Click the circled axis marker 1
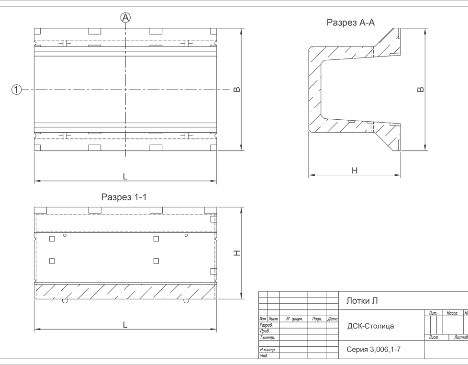coord(17,89)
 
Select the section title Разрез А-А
coord(350,23)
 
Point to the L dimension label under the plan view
coord(125,176)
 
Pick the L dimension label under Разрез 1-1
coord(125,325)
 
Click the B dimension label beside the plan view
coord(236,90)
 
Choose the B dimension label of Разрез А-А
coord(420,90)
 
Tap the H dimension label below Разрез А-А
coord(355,170)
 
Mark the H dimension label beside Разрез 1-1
coord(236,253)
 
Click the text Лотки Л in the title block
coord(362,301)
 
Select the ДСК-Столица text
coord(370,326)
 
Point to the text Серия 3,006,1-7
coord(373,350)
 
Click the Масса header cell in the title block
coord(452,313)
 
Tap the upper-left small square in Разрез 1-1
coord(52,239)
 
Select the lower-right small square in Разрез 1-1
coord(156,261)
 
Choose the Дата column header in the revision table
coord(333,319)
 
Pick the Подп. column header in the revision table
coord(317,319)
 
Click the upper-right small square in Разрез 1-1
coord(156,239)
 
